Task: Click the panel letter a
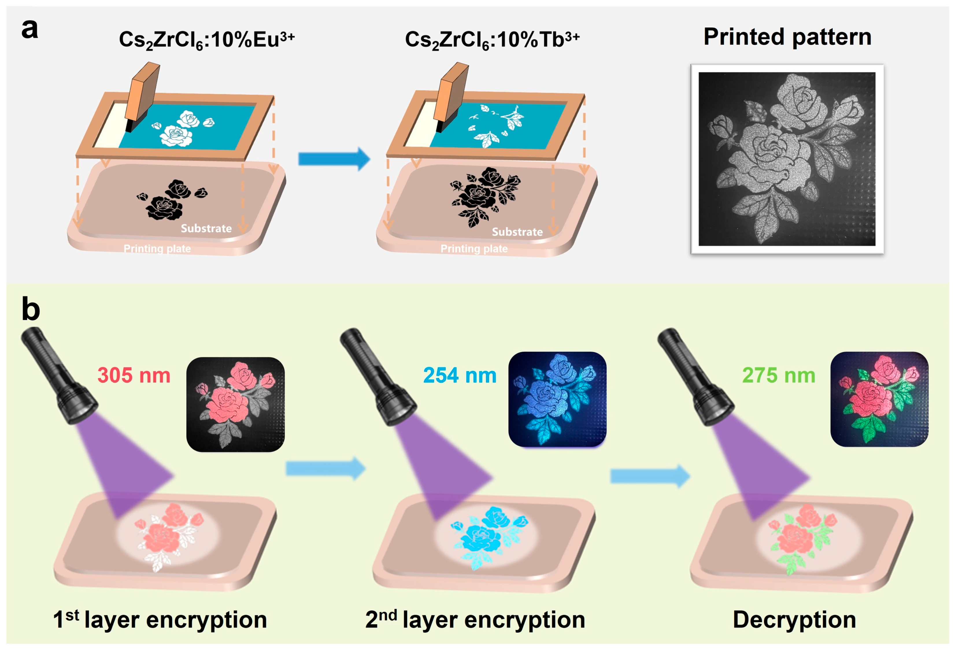point(29,30)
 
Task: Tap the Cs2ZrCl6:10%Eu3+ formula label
point(206,40)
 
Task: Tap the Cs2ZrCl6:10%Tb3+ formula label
point(492,40)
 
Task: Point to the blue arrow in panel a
point(334,159)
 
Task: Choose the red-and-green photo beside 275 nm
point(879,399)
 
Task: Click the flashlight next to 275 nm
point(695,376)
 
